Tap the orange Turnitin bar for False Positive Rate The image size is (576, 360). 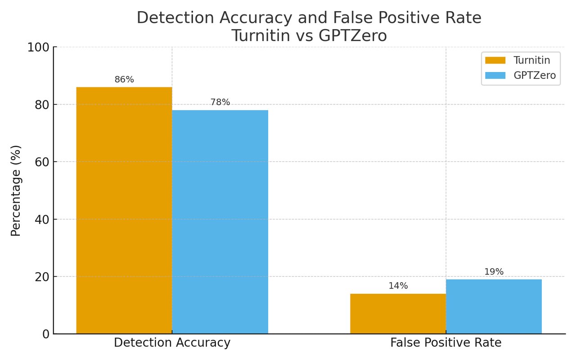[398, 314]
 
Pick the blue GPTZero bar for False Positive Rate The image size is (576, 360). [494, 306]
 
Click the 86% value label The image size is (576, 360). [124, 80]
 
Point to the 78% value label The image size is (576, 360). [220, 103]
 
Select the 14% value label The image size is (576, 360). [398, 286]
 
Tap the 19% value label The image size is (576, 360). [494, 272]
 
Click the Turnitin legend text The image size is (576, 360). [531, 60]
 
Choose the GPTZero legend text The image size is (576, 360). [535, 76]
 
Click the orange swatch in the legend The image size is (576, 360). [495, 60]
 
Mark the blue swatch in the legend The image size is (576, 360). [495, 76]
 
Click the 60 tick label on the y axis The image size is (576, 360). [41, 162]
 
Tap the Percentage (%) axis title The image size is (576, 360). [16, 190]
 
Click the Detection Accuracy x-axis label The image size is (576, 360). [172, 343]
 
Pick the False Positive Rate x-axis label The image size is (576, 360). [445, 343]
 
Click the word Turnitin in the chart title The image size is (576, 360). [261, 36]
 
